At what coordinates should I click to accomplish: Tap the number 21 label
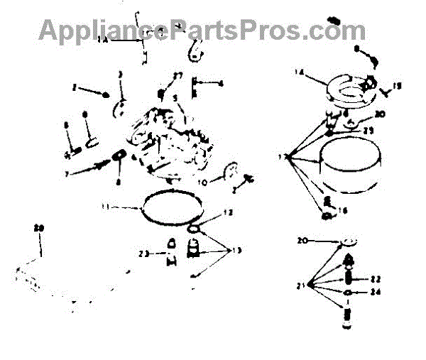[302, 285]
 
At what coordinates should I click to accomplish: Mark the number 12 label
[228, 212]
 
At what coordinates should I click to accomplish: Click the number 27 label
[177, 75]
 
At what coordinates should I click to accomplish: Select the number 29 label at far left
[39, 228]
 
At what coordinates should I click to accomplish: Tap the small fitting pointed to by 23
[170, 252]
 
